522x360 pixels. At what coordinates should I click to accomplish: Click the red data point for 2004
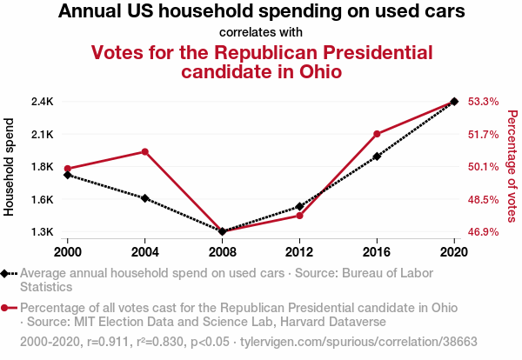(145, 152)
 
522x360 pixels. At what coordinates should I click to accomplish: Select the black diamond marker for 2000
(68, 175)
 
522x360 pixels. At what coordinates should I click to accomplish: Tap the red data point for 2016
(377, 134)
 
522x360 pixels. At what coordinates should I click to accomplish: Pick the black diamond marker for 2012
(299, 207)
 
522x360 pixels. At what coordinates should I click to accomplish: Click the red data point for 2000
(68, 169)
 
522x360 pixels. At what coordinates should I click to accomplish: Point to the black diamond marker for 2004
(145, 198)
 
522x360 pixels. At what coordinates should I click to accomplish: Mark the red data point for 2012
(299, 215)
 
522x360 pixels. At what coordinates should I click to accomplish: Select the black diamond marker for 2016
(377, 157)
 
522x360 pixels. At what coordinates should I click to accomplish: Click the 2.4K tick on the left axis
(42, 102)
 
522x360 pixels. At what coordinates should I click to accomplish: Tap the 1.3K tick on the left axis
(42, 232)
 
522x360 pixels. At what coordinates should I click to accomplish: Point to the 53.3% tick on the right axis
(483, 102)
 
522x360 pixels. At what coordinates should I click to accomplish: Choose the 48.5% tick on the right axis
(483, 199)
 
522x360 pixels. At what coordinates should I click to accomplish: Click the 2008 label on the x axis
(222, 251)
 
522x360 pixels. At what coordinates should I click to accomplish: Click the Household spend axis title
(10, 167)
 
